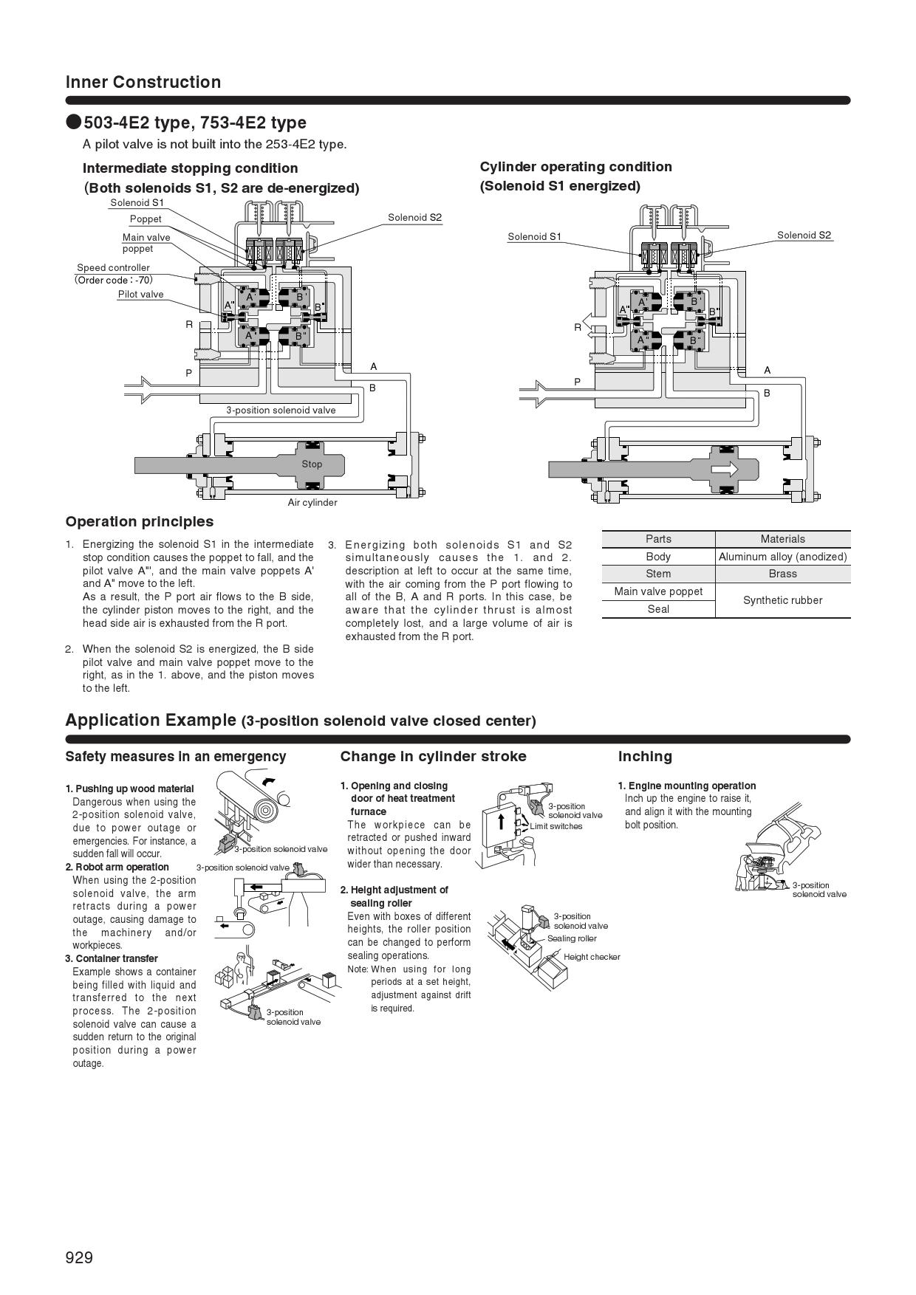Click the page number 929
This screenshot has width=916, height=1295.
coord(79,1257)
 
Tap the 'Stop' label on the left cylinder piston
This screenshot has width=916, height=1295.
coord(312,464)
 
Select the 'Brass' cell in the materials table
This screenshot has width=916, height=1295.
coord(782,574)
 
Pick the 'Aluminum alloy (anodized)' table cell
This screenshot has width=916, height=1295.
coord(782,557)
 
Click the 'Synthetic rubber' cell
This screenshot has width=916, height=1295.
coord(782,600)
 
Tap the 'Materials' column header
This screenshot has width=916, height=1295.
coord(782,539)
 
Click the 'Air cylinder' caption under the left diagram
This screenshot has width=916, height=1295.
coord(312,503)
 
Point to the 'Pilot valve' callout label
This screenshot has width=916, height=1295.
coord(140,295)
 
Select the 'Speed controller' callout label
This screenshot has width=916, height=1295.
coord(113,268)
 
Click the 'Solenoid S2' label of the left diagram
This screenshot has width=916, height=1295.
coord(414,218)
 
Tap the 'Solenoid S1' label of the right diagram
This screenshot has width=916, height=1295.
coord(534,237)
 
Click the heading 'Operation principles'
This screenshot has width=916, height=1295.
coord(139,522)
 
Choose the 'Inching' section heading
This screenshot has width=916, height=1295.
coord(645,757)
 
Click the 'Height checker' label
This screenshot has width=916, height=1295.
coord(592,958)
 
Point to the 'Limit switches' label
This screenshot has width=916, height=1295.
coord(556,827)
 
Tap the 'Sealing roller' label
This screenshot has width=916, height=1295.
coord(572,939)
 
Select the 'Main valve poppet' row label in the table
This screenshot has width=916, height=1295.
coord(658,591)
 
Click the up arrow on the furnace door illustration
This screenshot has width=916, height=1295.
coord(502,822)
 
